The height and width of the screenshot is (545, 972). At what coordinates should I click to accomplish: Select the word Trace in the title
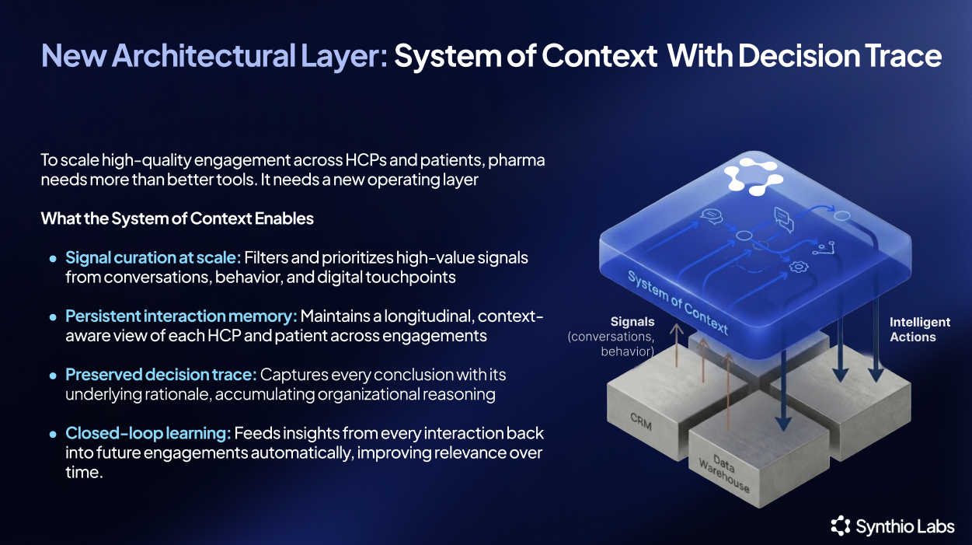pos(904,56)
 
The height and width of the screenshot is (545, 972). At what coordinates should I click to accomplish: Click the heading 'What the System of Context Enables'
pos(177,218)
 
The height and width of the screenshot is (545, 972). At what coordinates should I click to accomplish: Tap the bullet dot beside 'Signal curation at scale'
pos(53,258)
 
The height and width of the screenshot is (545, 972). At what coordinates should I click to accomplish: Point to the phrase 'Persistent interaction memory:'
pos(181,316)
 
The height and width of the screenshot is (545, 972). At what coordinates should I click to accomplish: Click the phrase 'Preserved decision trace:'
pos(161,375)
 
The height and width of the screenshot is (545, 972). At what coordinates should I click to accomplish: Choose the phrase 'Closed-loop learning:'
pos(148,433)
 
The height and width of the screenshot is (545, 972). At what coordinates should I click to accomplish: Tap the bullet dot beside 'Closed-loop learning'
pos(53,434)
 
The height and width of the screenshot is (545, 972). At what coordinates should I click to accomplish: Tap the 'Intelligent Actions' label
pos(920,330)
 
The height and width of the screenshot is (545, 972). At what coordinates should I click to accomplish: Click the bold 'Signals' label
pos(632,321)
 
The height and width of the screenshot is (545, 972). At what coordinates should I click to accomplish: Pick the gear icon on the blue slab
pos(796,267)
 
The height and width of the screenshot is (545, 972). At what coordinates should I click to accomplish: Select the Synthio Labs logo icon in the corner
pos(841,526)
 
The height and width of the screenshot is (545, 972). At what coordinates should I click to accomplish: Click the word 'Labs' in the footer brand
pos(937,527)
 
